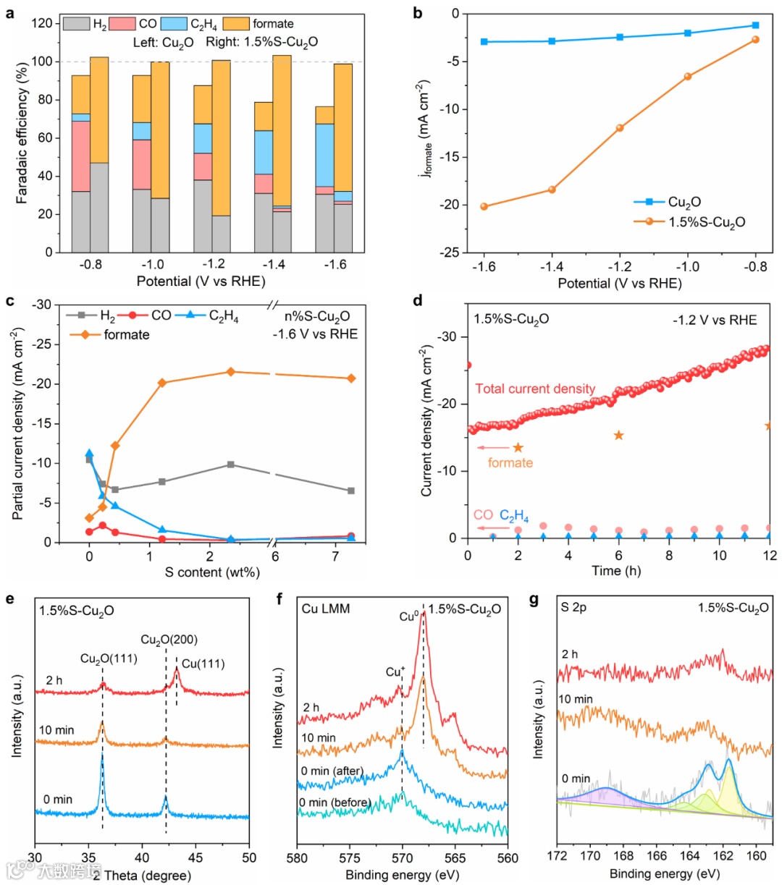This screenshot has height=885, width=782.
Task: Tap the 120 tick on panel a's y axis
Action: click(x=43, y=24)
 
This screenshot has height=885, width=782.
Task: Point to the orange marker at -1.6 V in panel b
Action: click(x=484, y=206)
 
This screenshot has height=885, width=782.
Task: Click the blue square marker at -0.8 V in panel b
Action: click(x=755, y=25)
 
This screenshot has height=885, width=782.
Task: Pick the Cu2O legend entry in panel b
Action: click(x=684, y=203)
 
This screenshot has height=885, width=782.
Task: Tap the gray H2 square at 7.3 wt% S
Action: click(x=351, y=491)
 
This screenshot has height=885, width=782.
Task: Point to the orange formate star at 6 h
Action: click(x=618, y=435)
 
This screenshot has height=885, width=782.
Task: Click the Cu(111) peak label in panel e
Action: click(x=202, y=664)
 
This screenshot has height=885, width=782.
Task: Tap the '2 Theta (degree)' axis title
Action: click(x=142, y=875)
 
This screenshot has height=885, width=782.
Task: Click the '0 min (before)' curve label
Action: click(x=336, y=802)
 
